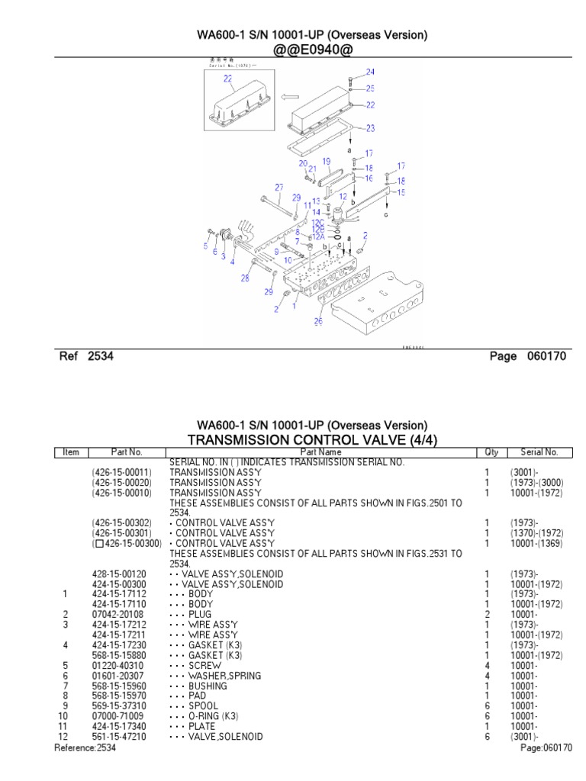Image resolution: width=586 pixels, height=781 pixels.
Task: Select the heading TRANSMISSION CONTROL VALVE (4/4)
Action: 312,439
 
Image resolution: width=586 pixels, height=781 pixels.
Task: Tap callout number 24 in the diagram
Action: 370,72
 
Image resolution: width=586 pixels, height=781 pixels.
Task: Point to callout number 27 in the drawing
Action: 279,188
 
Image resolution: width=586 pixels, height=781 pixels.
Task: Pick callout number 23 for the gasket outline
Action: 370,127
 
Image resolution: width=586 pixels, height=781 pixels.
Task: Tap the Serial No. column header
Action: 539,452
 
